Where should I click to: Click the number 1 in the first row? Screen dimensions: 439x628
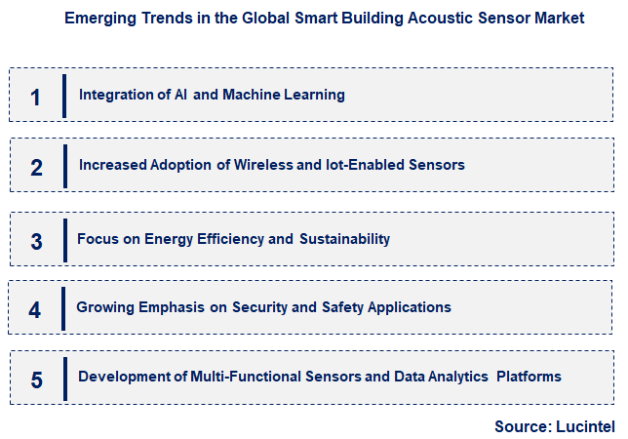pos(36,97)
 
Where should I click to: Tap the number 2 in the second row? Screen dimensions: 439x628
pos(36,167)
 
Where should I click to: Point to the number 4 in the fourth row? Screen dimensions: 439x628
pos(36,310)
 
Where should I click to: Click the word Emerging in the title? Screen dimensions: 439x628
pos(95,19)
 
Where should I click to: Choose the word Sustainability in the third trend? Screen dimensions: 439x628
pos(344,239)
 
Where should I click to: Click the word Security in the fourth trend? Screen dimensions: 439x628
pos(261,307)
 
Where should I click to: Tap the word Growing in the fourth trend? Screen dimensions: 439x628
pos(104,307)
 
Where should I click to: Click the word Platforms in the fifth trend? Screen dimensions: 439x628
pos(528,376)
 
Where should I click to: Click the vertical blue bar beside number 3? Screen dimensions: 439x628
pos(65,239)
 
